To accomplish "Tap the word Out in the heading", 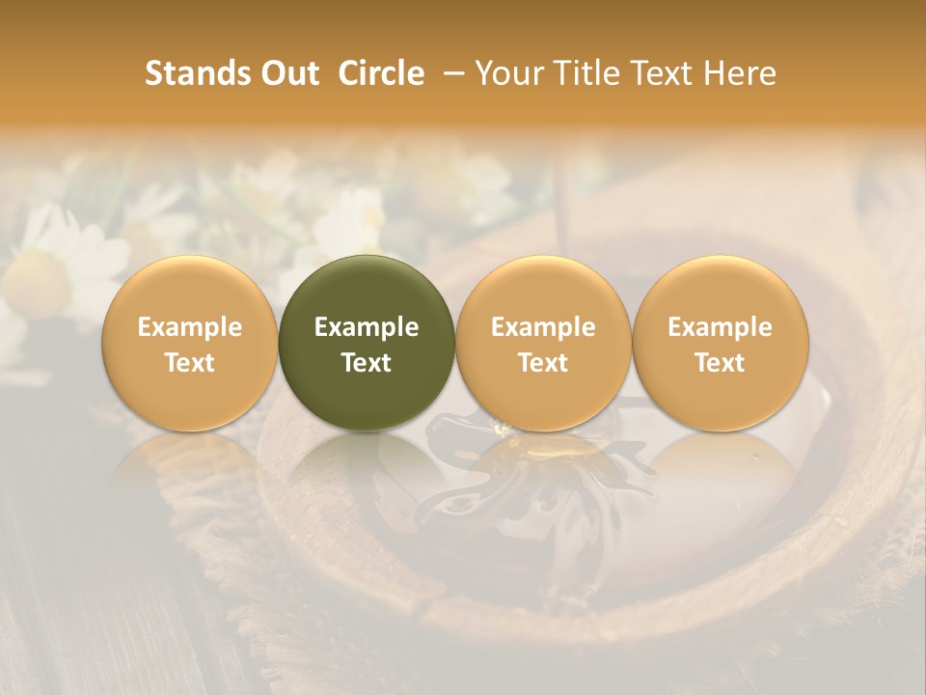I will pyautogui.click(x=287, y=73).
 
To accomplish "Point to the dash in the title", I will pyautogui.click(x=449, y=73).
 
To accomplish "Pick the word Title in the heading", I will pyautogui.click(x=581, y=73).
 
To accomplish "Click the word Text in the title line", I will pyautogui.click(x=659, y=73).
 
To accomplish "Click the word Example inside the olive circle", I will pyautogui.click(x=367, y=327).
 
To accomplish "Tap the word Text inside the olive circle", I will pyautogui.click(x=367, y=363).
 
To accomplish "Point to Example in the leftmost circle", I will pyautogui.click(x=190, y=327).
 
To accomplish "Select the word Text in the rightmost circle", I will pyautogui.click(x=721, y=363).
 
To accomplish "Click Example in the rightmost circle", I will pyautogui.click(x=721, y=327).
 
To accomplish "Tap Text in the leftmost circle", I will pyautogui.click(x=190, y=363).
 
